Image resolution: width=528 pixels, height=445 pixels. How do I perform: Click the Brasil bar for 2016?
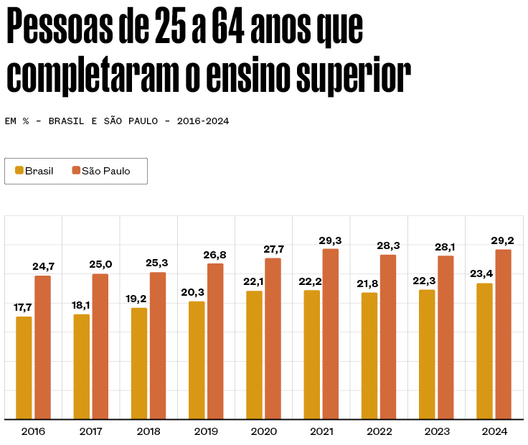coord(24,367)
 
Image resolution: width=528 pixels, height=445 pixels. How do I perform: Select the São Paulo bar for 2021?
coord(330,334)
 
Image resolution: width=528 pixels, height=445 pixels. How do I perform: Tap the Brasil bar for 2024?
coord(485,351)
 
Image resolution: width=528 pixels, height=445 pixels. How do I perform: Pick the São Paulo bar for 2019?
coord(215,341)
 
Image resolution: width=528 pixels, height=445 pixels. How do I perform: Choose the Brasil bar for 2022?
coord(369,355)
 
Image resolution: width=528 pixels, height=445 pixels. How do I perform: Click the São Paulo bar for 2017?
coord(100,346)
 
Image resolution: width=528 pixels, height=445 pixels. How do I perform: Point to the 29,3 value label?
coord(331,240)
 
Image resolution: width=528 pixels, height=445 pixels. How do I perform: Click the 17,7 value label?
coord(24,307)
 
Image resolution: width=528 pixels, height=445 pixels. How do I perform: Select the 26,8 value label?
coord(215,254)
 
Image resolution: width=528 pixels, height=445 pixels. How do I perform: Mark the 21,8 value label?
coord(369,283)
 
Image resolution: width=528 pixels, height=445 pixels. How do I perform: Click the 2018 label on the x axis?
coord(148,431)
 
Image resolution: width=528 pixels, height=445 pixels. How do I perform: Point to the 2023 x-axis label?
coord(437,431)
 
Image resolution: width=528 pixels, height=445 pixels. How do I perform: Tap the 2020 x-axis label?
coord(264,431)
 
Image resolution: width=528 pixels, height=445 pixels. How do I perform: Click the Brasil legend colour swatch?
coord(19,171)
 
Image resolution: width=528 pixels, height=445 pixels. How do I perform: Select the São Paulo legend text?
coord(106,171)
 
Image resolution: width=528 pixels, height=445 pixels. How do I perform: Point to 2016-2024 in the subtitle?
coord(203,121)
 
